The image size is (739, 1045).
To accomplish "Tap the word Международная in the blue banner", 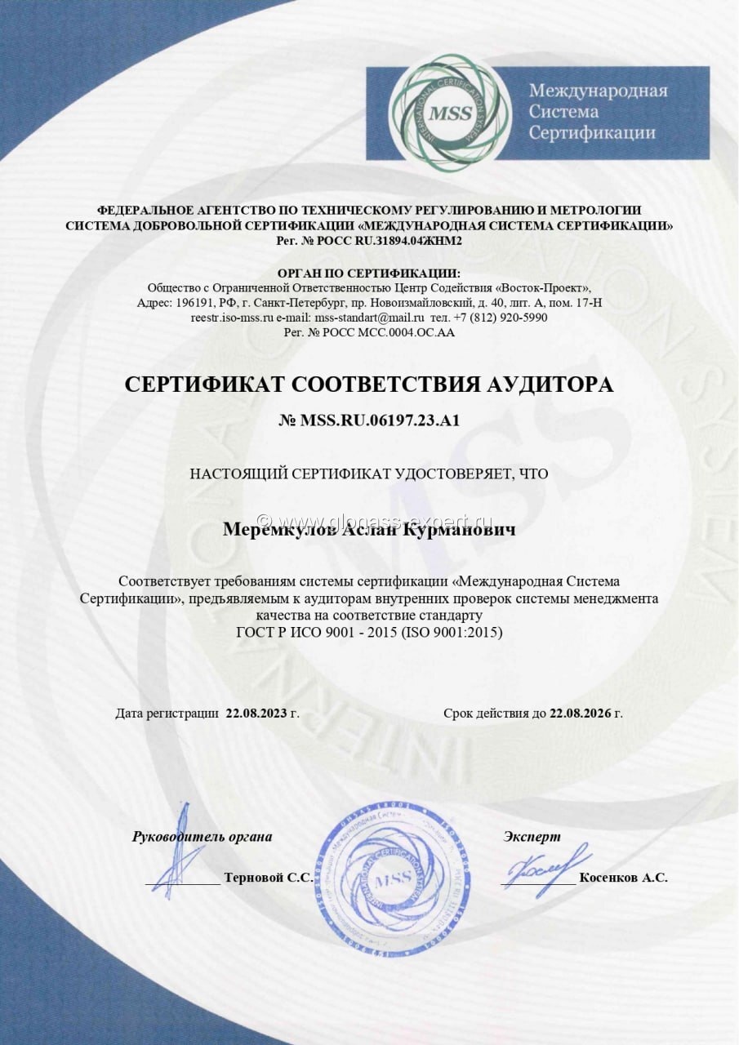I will point(598,91).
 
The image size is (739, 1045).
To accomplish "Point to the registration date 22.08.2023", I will point(256,713).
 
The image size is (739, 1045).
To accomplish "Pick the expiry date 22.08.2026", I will point(581,713).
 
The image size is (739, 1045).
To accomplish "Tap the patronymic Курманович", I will point(470,531).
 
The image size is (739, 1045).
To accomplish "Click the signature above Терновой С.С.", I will point(181,853).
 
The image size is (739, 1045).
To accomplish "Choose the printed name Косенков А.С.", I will point(623,878).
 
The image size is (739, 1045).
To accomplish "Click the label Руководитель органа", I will point(202,837).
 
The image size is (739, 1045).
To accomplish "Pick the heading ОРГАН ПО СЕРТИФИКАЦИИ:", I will point(368,273).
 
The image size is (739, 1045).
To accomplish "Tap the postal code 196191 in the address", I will point(192,303).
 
